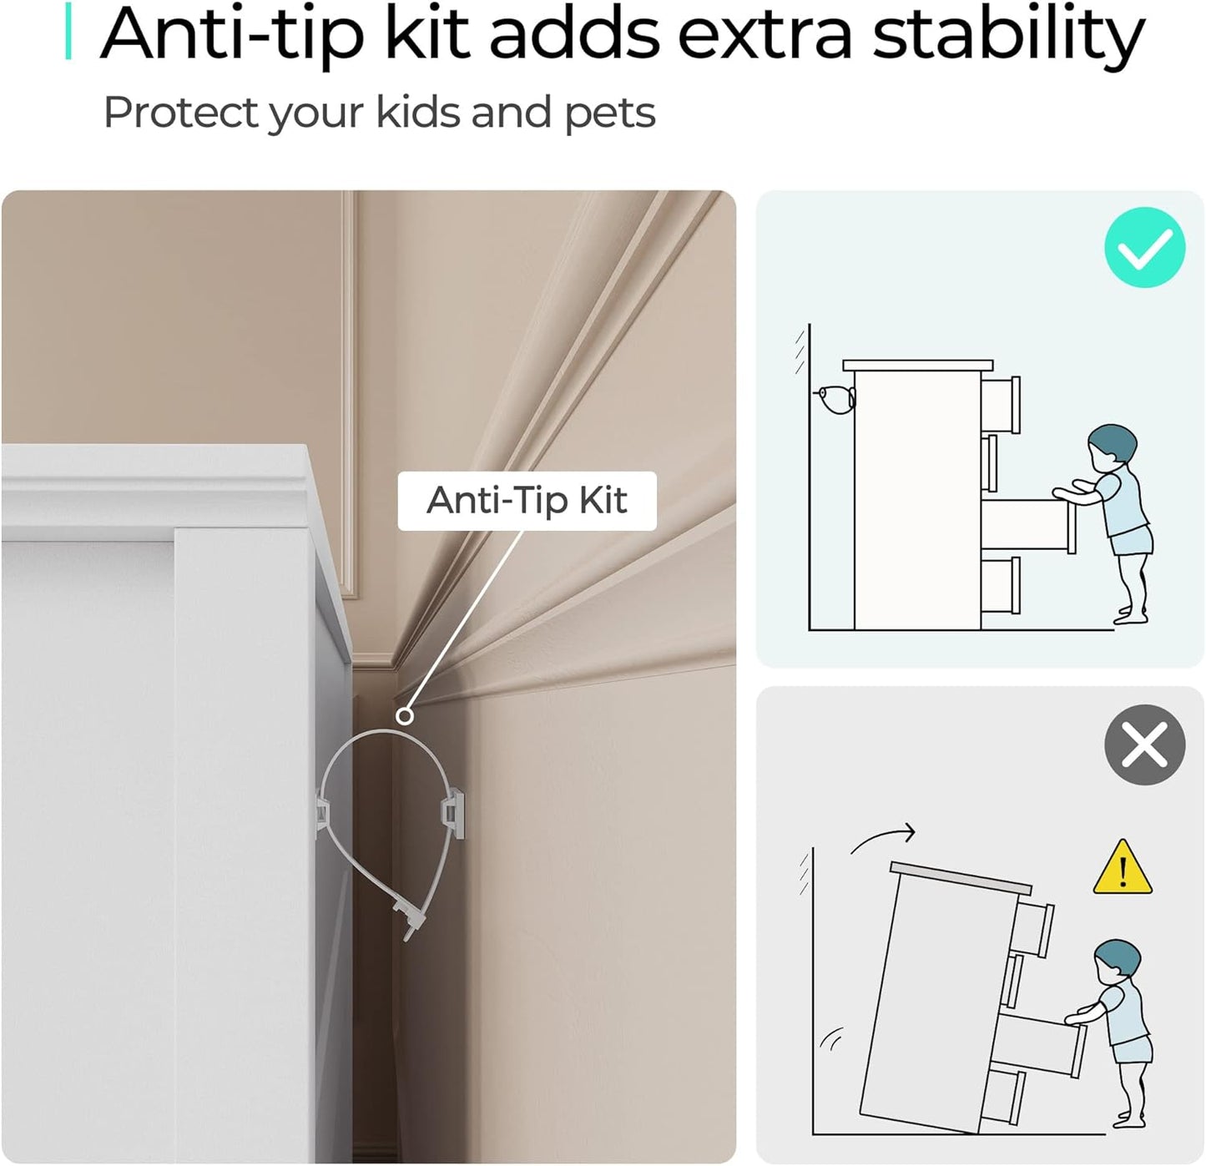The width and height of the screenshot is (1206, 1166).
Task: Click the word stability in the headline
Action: coord(1007,35)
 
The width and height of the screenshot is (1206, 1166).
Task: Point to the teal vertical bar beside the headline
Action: coord(68,31)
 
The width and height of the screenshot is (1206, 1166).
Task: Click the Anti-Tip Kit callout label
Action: coord(527,500)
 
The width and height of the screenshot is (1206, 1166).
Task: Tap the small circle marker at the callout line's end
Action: coord(405,717)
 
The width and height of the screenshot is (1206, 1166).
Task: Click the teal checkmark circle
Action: coord(1144,247)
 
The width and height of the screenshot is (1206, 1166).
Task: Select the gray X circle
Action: coord(1144,745)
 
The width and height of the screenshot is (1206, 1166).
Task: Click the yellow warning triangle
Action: coord(1123,869)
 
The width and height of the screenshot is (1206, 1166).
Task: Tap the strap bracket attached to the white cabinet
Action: coord(321,813)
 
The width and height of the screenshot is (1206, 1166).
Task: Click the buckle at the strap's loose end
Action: coord(409,919)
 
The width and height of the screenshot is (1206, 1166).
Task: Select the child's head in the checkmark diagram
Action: coord(1113,443)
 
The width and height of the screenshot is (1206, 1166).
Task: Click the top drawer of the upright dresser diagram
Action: coord(1000,406)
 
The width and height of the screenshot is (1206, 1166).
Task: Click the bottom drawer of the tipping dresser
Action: coord(1005,1095)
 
